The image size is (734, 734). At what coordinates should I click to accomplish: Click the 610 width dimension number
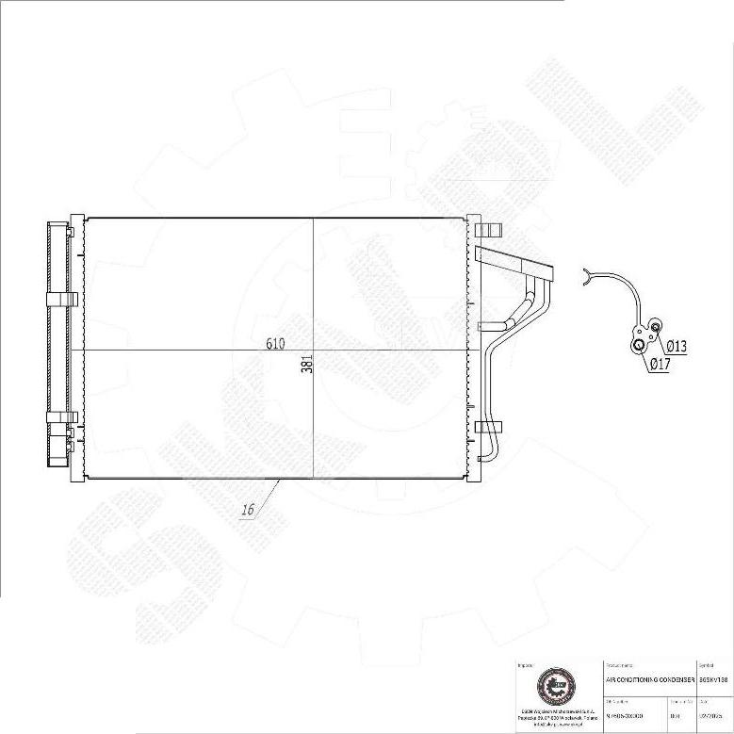point(275,344)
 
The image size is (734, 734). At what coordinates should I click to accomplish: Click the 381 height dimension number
point(307,365)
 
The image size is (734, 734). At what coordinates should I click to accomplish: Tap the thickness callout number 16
point(248,510)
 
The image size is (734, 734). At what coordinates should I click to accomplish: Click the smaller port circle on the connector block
point(656,327)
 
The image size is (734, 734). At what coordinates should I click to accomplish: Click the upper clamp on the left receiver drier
point(61,300)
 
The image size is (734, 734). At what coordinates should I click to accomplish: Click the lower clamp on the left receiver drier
point(61,416)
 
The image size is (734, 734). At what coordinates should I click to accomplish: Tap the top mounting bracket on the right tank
point(489,229)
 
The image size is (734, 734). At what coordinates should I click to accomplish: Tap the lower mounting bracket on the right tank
point(489,427)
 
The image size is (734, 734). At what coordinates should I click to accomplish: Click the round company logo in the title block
point(553,685)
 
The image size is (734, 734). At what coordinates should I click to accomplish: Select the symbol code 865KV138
point(713,678)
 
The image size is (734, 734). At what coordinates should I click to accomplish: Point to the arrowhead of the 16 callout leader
point(280,481)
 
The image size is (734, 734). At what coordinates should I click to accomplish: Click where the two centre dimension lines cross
point(314,351)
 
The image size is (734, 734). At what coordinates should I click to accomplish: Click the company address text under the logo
point(553,717)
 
